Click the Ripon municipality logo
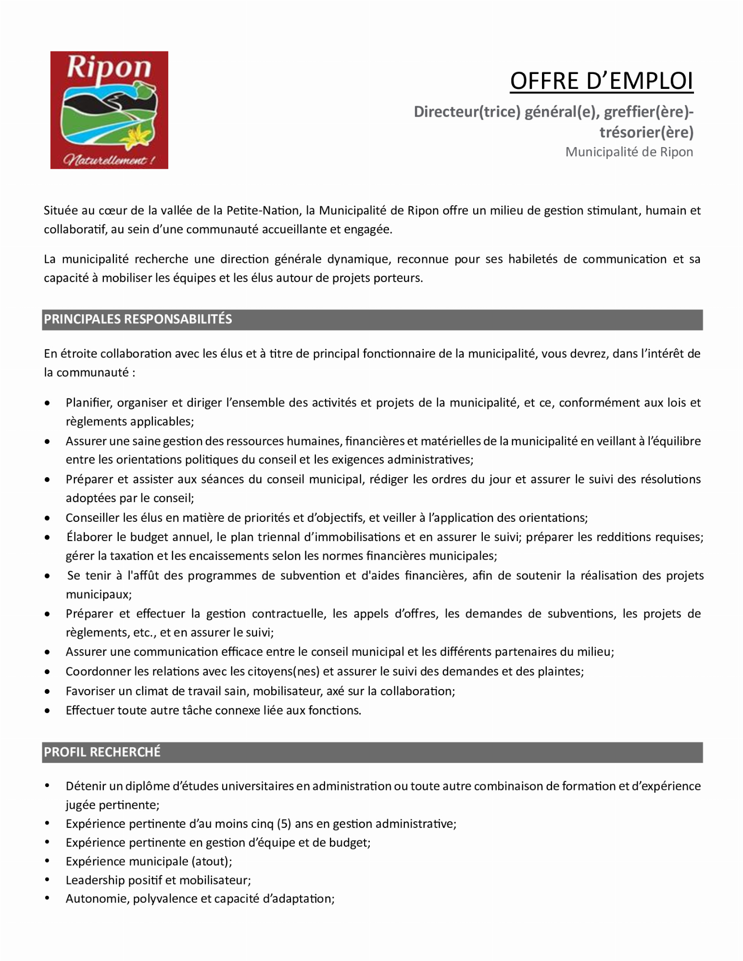109,110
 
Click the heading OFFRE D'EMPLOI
601,81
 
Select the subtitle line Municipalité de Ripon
629,152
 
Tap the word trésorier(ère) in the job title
646,132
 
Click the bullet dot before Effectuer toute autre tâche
47,710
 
